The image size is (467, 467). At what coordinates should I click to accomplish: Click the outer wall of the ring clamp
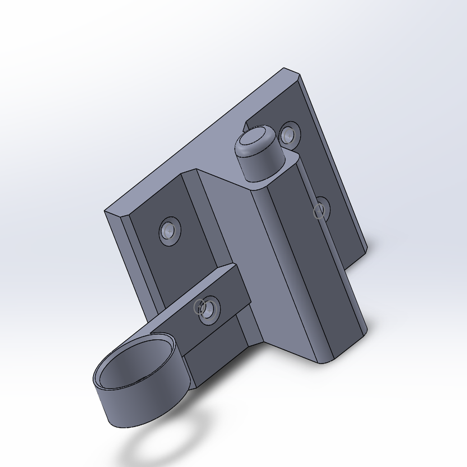(x=137, y=408)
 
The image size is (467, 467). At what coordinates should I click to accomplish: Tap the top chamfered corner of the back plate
(x=292, y=73)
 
